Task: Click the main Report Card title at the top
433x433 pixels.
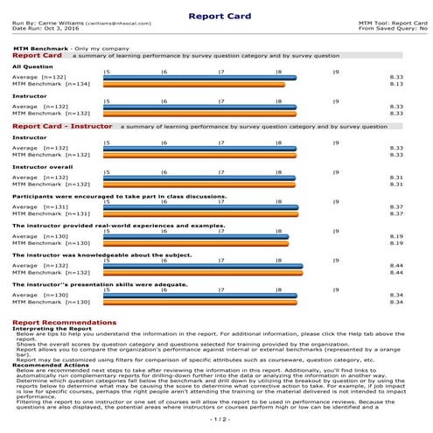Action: tap(216, 14)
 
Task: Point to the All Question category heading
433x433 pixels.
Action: tap(31, 66)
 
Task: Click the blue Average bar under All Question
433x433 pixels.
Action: tap(199, 78)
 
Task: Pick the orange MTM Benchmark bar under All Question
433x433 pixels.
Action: tap(194, 85)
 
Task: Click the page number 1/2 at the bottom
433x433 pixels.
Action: tap(216, 420)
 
